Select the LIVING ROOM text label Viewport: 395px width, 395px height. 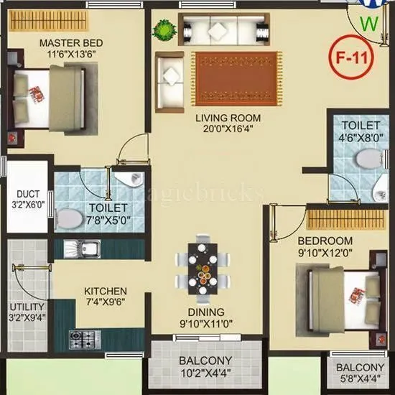click(229, 118)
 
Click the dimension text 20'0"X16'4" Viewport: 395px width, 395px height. click(229, 129)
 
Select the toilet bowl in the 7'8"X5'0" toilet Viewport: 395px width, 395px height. click(69, 217)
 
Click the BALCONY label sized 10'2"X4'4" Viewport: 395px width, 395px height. click(205, 361)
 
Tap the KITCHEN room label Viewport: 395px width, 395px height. click(106, 291)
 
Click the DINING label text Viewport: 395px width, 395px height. click(205, 312)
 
